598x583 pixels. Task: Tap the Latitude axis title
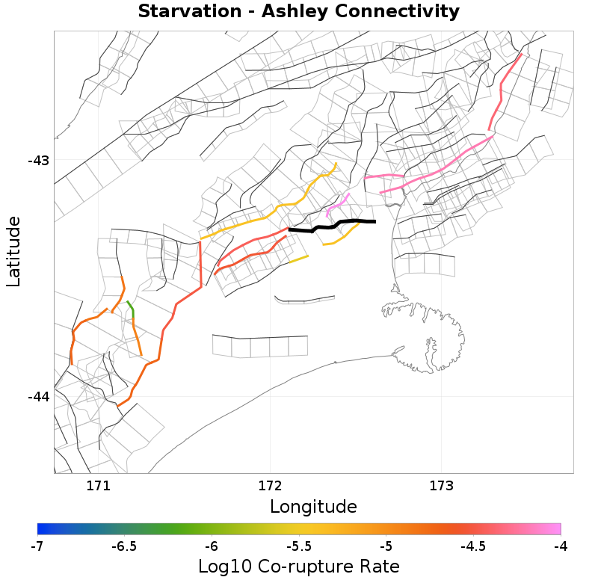(x=13, y=251)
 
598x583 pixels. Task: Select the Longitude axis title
(x=313, y=507)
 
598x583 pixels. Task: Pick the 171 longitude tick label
(x=98, y=485)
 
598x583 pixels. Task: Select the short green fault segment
(x=131, y=308)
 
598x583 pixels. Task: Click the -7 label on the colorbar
(x=37, y=546)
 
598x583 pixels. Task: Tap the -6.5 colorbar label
(x=124, y=546)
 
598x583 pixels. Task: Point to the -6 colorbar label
(x=212, y=546)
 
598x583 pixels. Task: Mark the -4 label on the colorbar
(x=560, y=546)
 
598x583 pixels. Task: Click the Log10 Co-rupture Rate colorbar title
(x=299, y=566)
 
